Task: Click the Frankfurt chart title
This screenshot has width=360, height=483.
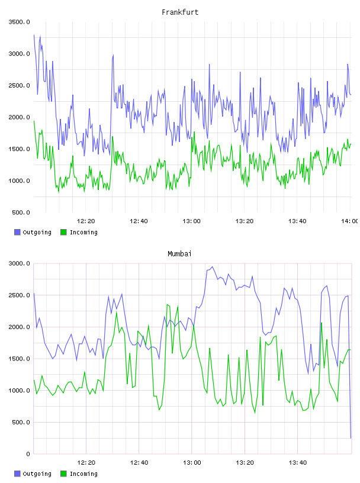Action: click(180, 12)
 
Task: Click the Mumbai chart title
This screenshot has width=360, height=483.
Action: click(179, 254)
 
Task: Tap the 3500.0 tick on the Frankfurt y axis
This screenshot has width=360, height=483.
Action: click(19, 22)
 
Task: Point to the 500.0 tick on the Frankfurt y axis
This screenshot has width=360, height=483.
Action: click(21, 212)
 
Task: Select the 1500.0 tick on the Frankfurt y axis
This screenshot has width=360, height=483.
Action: click(19, 149)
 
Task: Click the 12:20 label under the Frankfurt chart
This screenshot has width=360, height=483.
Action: click(86, 221)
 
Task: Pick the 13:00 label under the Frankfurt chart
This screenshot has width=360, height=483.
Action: click(191, 221)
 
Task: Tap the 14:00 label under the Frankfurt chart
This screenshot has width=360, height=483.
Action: click(350, 221)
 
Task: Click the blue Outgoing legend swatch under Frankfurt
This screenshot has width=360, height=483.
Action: click(17, 232)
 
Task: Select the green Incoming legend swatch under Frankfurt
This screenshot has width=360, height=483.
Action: click(63, 232)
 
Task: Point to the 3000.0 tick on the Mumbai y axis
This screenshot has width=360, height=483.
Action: click(19, 263)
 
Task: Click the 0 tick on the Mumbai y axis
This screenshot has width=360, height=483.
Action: click(28, 454)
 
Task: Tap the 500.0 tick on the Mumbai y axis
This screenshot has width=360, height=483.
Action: click(21, 422)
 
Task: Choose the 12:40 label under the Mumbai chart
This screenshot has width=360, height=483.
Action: click(139, 463)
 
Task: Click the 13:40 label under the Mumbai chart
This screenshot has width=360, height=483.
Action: click(298, 463)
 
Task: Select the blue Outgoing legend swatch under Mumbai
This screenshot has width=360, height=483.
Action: click(17, 474)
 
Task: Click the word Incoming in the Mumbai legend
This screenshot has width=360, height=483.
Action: click(83, 474)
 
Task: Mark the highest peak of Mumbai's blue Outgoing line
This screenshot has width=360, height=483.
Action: click(212, 267)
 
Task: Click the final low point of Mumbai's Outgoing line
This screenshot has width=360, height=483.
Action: click(351, 438)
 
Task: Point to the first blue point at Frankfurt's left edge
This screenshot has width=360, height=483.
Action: click(34, 35)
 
